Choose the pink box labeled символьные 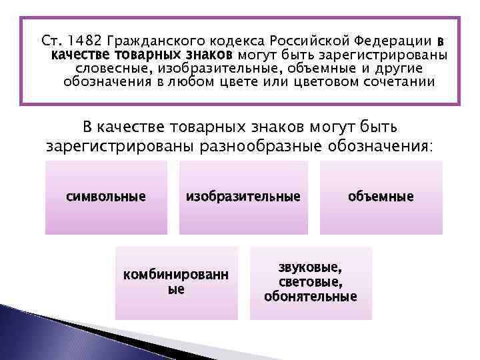pos(106,197)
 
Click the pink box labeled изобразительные pos(243,197)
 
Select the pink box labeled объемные pos(381,197)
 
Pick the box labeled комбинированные pos(177,283)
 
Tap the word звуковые pos(311,268)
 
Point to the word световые pos(311,282)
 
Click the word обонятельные pos(311,297)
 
